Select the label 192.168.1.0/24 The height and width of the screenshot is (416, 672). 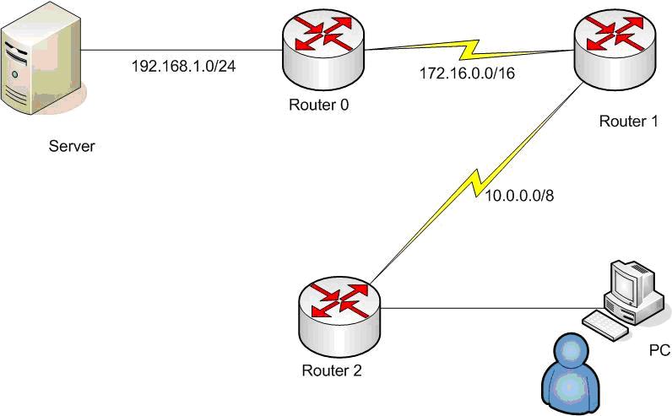click(x=183, y=65)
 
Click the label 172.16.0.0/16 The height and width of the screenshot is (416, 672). click(x=468, y=73)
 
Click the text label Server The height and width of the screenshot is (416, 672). click(x=72, y=146)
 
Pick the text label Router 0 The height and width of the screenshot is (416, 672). click(x=318, y=105)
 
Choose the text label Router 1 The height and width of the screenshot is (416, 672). click(x=628, y=121)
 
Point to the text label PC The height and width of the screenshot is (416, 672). click(x=659, y=350)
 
